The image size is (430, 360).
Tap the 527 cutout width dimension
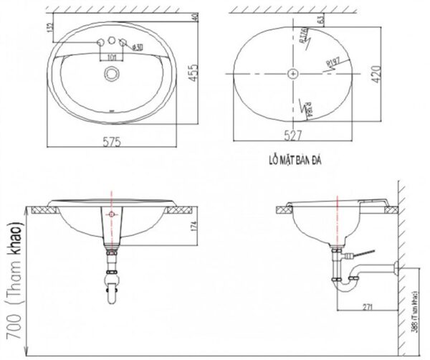[293, 134]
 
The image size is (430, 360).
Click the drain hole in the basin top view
[111, 72]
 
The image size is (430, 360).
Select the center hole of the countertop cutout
[293, 73]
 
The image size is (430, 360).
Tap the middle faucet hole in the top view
[112, 42]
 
